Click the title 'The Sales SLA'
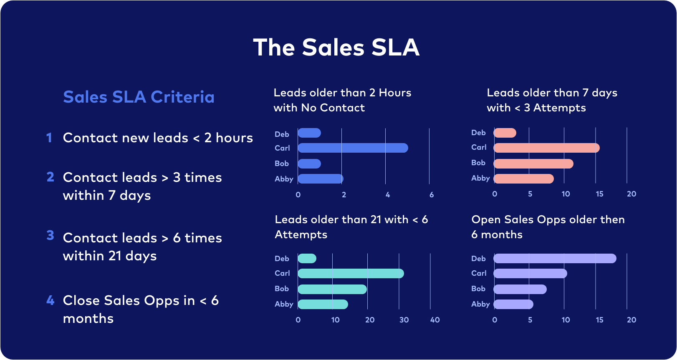(x=336, y=47)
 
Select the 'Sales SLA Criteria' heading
(x=139, y=97)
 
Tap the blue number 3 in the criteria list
(x=50, y=235)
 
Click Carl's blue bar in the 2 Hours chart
(x=353, y=148)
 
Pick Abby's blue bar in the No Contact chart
(x=321, y=179)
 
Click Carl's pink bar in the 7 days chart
(x=546, y=148)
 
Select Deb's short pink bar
(x=505, y=133)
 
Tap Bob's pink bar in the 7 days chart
(x=533, y=164)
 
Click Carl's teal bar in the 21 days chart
(x=351, y=274)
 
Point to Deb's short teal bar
(x=307, y=259)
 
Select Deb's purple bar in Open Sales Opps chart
(x=555, y=259)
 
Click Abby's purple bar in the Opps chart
(x=513, y=304)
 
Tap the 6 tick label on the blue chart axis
(x=432, y=195)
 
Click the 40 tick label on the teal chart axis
(x=435, y=320)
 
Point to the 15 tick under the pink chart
(x=599, y=194)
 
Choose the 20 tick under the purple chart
(x=632, y=320)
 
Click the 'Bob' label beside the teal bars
(x=282, y=289)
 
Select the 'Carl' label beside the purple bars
(x=479, y=273)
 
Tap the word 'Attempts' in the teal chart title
(x=301, y=234)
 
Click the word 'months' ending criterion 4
(x=88, y=319)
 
